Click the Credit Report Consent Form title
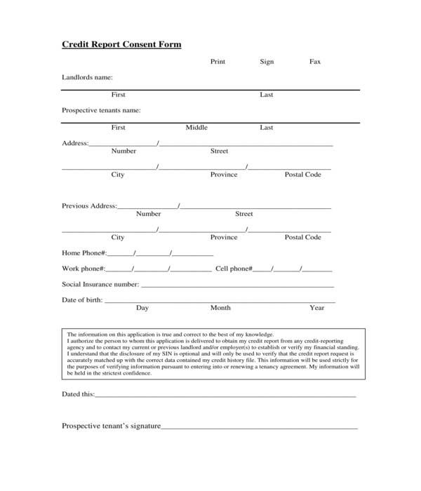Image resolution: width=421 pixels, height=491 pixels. click(x=121, y=44)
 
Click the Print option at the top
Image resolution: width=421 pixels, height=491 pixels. click(x=218, y=62)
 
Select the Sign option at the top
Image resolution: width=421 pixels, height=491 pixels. click(x=267, y=62)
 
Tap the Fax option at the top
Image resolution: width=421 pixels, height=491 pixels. click(x=315, y=62)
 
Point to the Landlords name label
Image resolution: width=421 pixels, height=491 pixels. click(x=87, y=77)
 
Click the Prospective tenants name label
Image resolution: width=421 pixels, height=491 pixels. click(x=101, y=110)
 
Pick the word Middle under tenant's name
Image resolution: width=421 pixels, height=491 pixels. click(x=196, y=128)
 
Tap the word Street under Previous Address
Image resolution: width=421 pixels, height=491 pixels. click(x=243, y=214)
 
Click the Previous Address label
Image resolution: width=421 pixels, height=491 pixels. click(x=89, y=206)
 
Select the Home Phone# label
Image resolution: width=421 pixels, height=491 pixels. click(x=83, y=253)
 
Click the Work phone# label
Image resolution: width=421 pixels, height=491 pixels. click(x=83, y=269)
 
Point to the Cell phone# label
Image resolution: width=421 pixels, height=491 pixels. click(x=233, y=269)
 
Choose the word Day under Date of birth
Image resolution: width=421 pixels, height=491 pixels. click(x=142, y=308)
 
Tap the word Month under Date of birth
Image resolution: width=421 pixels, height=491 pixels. click(x=220, y=308)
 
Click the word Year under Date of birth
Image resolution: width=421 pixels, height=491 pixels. click(x=316, y=308)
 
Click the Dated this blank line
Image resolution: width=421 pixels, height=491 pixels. click(x=225, y=396)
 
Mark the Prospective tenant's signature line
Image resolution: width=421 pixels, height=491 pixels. click(x=260, y=426)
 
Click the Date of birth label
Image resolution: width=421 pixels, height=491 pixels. click(x=82, y=300)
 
